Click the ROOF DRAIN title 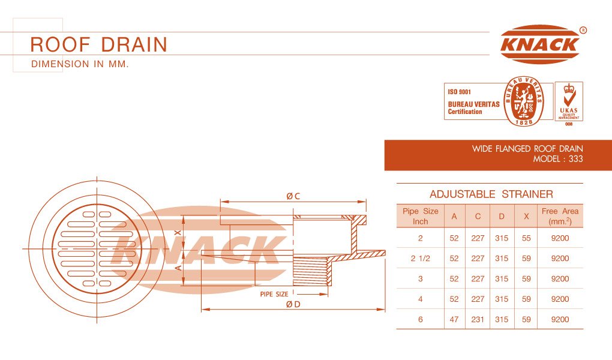pos(99,44)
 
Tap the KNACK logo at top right pos(541,44)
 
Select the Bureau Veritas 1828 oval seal pos(523,101)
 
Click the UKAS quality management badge pos(569,102)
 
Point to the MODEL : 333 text pos(558,159)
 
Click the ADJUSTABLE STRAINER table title pos(491,194)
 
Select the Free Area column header pos(560,216)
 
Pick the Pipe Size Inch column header pos(421,216)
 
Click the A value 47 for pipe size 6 pos(454,319)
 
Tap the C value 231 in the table pos(478,319)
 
